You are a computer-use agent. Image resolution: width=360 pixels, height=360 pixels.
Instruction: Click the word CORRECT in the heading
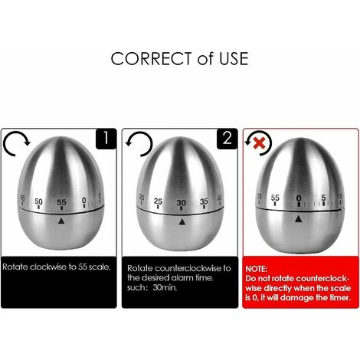(151, 58)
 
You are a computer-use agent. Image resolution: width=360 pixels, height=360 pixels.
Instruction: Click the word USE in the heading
(234, 58)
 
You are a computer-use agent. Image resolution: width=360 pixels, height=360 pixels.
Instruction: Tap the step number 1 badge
(106, 139)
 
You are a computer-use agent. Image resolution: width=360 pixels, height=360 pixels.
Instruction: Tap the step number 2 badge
(227, 139)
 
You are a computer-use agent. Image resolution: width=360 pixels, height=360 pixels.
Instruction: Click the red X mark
(260, 143)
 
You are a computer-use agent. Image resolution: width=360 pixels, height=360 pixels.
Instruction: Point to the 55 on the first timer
(61, 202)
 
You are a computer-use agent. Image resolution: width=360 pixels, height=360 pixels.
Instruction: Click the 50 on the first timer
(38, 201)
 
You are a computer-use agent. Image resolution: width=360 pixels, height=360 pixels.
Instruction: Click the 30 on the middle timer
(182, 203)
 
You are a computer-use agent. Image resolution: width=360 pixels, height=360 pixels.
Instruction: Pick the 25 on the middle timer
(158, 201)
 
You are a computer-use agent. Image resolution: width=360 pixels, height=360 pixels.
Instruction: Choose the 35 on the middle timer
(204, 201)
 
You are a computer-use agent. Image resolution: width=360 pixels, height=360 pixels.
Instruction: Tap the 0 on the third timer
(299, 198)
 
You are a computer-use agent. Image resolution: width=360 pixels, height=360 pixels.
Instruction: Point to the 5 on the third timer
(323, 198)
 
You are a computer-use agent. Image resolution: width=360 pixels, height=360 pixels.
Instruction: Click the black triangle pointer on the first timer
(61, 221)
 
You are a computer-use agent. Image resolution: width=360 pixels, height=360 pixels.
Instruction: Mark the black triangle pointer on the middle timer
(182, 221)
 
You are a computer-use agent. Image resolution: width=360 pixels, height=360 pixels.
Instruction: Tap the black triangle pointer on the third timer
(299, 218)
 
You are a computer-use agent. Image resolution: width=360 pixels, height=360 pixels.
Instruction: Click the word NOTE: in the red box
(256, 269)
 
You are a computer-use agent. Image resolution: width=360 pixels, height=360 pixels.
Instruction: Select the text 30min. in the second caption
(165, 287)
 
